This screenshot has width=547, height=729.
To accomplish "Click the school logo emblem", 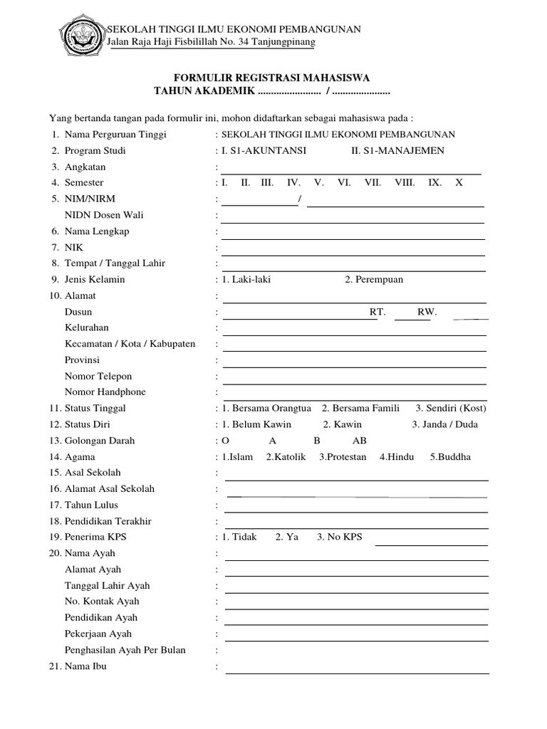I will pyautogui.click(x=80, y=35).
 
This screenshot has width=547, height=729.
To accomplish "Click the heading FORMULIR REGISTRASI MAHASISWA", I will pyautogui.click(x=273, y=78).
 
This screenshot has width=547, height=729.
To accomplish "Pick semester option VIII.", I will pyautogui.click(x=405, y=182).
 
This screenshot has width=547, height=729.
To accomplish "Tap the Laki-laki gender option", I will pyautogui.click(x=246, y=279).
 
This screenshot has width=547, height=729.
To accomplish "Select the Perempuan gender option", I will pyautogui.click(x=374, y=279).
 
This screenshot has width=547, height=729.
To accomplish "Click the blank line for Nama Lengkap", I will pyautogui.click(x=353, y=238).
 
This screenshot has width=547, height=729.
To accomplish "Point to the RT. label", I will pyautogui.click(x=377, y=312).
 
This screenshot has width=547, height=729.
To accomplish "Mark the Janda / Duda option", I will pyautogui.click(x=444, y=424).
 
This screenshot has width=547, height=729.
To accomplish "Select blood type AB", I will pyautogui.click(x=360, y=441).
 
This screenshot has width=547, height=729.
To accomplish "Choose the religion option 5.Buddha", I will pyautogui.click(x=450, y=457).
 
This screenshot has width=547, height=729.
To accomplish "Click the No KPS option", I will pyautogui.click(x=340, y=537).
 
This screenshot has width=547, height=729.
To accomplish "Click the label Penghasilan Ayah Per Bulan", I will pyautogui.click(x=125, y=650).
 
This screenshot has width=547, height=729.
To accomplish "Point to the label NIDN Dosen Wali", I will pyautogui.click(x=105, y=215).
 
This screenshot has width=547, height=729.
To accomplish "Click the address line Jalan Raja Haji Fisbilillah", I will pyautogui.click(x=212, y=43).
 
